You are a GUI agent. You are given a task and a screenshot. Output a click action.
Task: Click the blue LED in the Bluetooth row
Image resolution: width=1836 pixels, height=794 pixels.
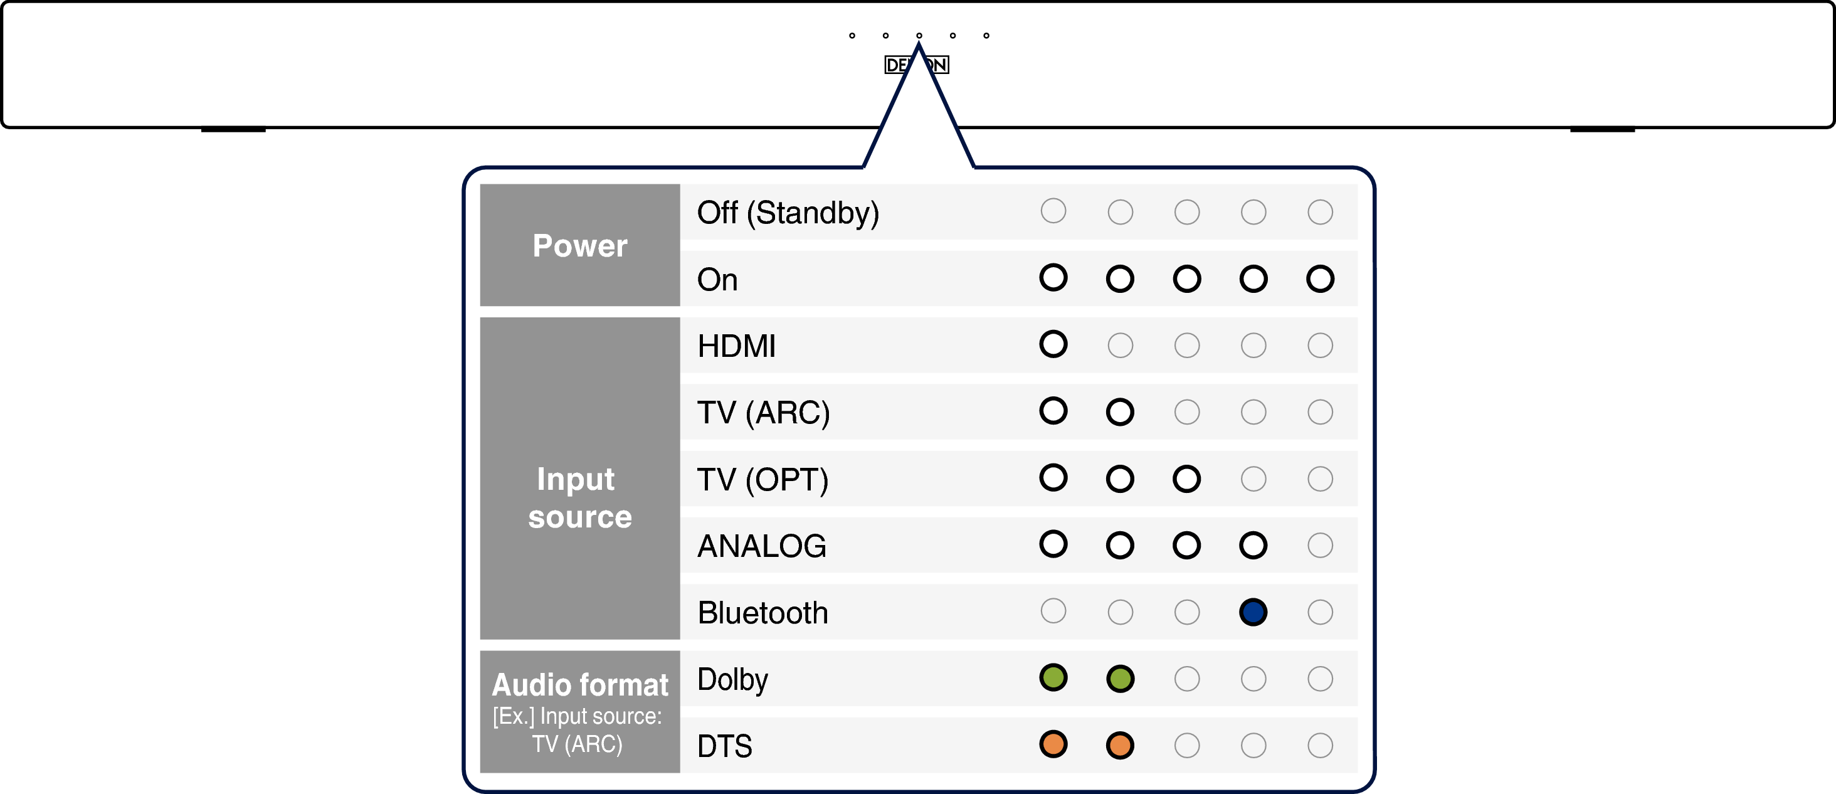[x=1253, y=611]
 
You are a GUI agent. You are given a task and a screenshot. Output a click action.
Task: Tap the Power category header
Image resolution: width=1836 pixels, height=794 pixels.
[x=579, y=245]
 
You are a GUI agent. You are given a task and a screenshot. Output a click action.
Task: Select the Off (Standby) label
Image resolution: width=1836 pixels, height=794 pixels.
[x=788, y=213]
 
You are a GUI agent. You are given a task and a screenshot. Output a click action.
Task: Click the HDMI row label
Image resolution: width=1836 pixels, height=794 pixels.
[x=736, y=346]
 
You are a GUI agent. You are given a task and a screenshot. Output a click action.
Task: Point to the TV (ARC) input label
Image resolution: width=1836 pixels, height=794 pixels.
[x=763, y=413]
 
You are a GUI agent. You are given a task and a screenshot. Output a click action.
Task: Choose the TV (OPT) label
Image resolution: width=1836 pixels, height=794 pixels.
[x=762, y=480]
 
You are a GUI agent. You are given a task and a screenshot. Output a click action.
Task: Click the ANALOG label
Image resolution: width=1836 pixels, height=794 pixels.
[x=762, y=546]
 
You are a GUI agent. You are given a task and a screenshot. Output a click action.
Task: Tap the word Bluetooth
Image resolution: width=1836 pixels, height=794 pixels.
[x=762, y=613]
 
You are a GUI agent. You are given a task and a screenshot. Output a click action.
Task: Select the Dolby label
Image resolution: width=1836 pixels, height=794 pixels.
[x=732, y=680]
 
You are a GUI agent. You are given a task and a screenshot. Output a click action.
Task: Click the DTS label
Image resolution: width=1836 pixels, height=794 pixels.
[x=725, y=746]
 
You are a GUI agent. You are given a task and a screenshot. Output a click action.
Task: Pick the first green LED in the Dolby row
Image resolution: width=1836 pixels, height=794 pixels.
[x=1053, y=677]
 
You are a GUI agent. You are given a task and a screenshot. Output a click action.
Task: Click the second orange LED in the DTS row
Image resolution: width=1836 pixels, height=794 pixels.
[x=1120, y=745]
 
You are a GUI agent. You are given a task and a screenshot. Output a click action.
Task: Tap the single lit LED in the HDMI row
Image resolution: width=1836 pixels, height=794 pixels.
[x=1053, y=344]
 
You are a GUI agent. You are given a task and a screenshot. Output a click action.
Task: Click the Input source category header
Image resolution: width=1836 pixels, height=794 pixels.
[x=579, y=497]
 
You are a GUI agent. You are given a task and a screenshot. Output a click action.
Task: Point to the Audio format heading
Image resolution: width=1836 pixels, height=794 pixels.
[x=579, y=685]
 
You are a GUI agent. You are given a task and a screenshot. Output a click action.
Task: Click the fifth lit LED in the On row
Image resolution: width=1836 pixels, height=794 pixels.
[x=1320, y=278]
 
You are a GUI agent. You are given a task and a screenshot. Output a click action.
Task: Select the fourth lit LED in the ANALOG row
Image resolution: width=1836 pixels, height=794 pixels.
[x=1253, y=545]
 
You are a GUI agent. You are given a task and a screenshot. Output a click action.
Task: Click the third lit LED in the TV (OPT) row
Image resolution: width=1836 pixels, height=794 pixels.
[x=1187, y=479]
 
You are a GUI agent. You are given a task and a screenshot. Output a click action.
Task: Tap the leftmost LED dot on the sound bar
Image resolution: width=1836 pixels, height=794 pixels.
[x=852, y=36]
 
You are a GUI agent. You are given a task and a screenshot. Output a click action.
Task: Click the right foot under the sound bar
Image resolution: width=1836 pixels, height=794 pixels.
[x=1602, y=130]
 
